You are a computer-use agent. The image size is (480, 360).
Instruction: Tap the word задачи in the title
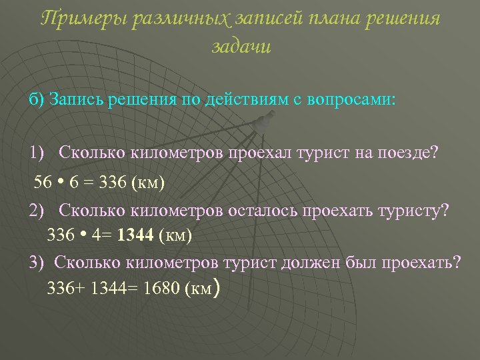pyautogui.click(x=241, y=47)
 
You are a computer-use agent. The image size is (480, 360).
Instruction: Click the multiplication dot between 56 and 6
pyautogui.click(x=61, y=181)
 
